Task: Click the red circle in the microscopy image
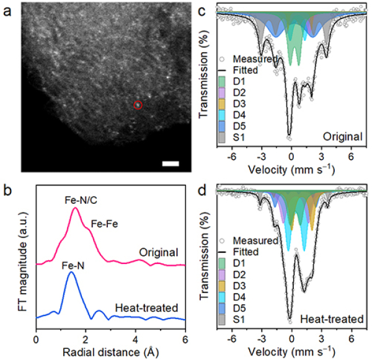138,105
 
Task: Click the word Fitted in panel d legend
242,252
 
